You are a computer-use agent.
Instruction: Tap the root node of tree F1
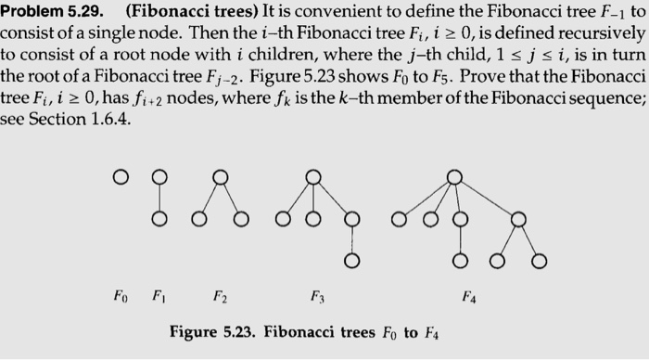pos(159,175)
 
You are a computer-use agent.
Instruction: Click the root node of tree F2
pos(219,175)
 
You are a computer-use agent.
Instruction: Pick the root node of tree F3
pos(313,175)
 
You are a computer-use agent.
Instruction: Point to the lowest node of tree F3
pos(350,263)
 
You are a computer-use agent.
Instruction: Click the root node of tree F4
pos(454,175)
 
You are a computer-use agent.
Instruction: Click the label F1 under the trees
pos(159,298)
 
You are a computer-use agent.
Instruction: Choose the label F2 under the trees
pos(219,298)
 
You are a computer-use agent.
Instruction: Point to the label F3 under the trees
pos(314,298)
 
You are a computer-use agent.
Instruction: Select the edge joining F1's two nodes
pos(159,198)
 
